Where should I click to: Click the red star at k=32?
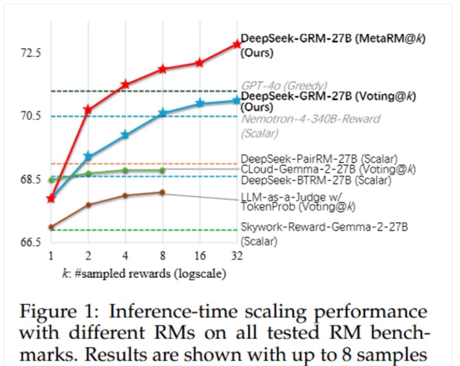point(237,44)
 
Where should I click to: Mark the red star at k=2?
point(88,110)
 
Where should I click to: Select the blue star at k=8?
point(163,113)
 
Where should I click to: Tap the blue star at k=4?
point(125,135)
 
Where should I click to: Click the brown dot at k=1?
point(51,227)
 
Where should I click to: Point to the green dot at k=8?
point(163,170)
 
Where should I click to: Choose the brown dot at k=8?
point(163,192)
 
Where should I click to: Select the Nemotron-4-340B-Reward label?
point(311,119)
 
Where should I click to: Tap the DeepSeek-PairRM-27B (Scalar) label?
point(319,159)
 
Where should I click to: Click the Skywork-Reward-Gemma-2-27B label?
point(325,227)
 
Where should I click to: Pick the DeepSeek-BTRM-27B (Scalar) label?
point(316,180)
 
